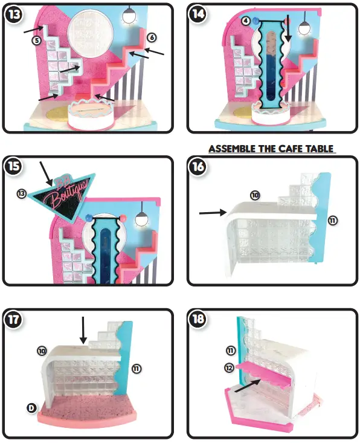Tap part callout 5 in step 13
click(36, 41)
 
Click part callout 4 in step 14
click(246, 21)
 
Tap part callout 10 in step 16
click(255, 195)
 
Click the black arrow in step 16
click(211, 212)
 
